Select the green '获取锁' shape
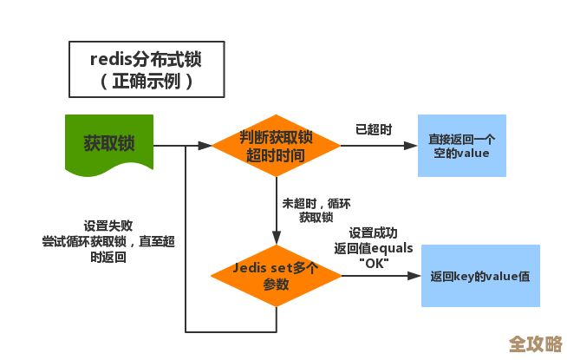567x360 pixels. pyautogui.click(x=108, y=142)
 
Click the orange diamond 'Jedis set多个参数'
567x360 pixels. pyautogui.click(x=276, y=276)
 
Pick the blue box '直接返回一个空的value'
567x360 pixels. pyautogui.click(x=461, y=146)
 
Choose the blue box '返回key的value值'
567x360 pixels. pyautogui.click(x=479, y=276)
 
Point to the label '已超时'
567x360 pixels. pyautogui.click(x=374, y=129)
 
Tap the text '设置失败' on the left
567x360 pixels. pyautogui.click(x=108, y=224)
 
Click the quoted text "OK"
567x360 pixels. pyautogui.click(x=374, y=263)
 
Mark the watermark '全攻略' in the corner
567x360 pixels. pyautogui.click(x=535, y=344)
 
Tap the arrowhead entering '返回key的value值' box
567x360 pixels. pyautogui.click(x=414, y=276)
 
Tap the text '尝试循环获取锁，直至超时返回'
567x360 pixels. pyautogui.click(x=108, y=248)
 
